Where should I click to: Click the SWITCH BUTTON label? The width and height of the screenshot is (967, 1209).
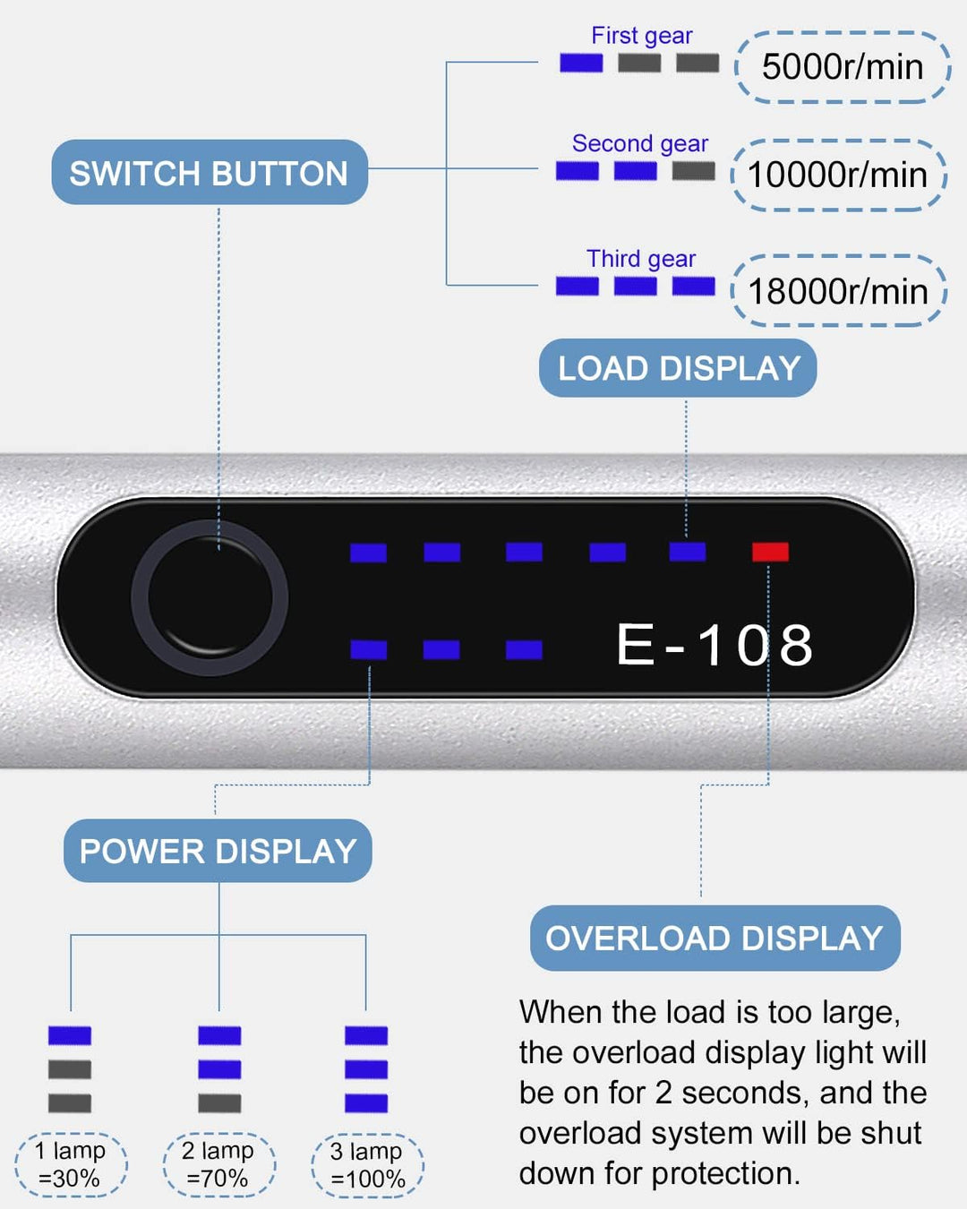[x=209, y=173]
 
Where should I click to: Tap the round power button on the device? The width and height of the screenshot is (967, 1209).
[x=210, y=597]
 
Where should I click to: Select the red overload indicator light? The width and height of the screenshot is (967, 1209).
[x=770, y=552]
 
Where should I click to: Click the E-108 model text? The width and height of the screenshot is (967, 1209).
[x=715, y=645]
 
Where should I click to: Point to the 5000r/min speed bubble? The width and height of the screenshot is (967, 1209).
[x=842, y=67]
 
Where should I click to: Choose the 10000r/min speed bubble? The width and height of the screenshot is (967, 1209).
[x=838, y=175]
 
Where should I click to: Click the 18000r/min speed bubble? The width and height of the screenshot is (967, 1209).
[x=838, y=291]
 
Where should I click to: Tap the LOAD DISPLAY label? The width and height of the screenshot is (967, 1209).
[x=678, y=368]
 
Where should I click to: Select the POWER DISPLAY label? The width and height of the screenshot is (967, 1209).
[x=218, y=851]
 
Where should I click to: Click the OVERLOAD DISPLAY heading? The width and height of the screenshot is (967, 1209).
[x=715, y=939]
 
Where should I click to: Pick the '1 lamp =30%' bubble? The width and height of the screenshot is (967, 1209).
[x=71, y=1164]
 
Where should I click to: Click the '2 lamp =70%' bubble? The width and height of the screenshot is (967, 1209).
[x=218, y=1164]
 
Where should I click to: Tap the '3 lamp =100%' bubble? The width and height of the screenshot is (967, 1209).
[x=367, y=1164]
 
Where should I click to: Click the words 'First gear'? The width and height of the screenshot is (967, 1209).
[x=641, y=36]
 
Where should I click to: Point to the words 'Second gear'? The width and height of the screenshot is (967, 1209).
[x=639, y=143]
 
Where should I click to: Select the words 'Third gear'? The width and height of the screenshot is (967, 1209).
[x=640, y=259]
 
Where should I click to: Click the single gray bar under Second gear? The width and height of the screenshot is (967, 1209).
[x=693, y=171]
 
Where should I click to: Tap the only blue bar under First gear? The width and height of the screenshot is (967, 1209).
[x=581, y=63]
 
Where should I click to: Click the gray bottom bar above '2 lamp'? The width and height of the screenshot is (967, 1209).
[x=219, y=1103]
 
